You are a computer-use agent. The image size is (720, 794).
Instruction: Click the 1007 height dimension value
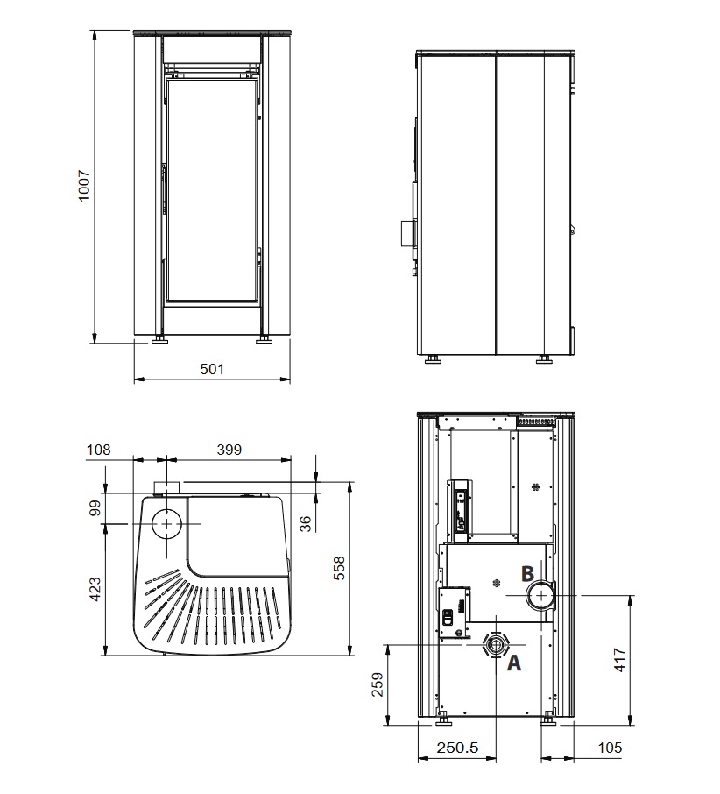coord(84,186)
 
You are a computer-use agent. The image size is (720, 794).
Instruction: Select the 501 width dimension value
coord(211,369)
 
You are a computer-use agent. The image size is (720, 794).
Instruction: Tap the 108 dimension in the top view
coord(98,450)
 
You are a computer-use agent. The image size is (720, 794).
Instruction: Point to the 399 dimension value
coord(229,450)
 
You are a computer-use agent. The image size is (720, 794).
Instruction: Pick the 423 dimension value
coord(95,590)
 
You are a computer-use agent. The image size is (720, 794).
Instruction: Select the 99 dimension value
coord(95,508)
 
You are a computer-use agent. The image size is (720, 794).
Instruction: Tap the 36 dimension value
coord(305,523)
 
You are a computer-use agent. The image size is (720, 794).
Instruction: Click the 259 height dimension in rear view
coord(378,684)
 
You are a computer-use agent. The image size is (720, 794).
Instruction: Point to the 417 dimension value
coord(619,660)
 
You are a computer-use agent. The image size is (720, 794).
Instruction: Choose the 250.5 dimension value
coord(457,748)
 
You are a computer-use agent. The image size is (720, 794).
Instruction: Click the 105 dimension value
coord(609,748)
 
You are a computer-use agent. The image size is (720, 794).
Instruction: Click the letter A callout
coord(514,663)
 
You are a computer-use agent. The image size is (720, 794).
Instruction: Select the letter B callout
coord(527,574)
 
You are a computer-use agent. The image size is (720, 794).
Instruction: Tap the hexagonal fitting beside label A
coord(496,645)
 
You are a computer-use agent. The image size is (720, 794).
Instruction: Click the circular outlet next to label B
coord(541,596)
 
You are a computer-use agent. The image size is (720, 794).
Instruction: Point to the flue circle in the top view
coord(166,523)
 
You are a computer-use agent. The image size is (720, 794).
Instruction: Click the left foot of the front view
coord(159,339)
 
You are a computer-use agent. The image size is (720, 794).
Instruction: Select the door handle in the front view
coord(164,188)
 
